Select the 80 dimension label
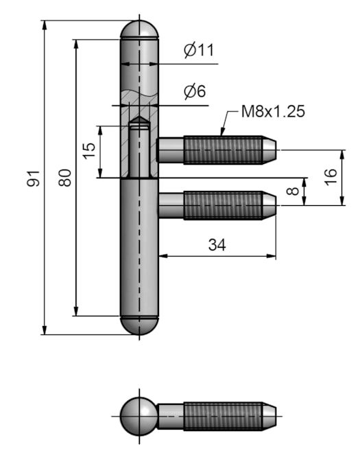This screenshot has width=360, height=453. [65, 178]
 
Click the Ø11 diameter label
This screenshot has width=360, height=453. [199, 49]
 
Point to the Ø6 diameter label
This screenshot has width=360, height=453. [195, 91]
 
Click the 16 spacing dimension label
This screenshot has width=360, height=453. [331, 177]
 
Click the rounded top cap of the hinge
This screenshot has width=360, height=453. [140, 30]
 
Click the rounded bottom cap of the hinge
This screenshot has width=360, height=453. [140, 326]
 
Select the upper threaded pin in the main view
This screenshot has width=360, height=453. [223, 150]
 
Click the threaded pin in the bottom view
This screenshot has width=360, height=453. [223, 417]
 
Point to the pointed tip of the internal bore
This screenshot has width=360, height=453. [140, 121]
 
